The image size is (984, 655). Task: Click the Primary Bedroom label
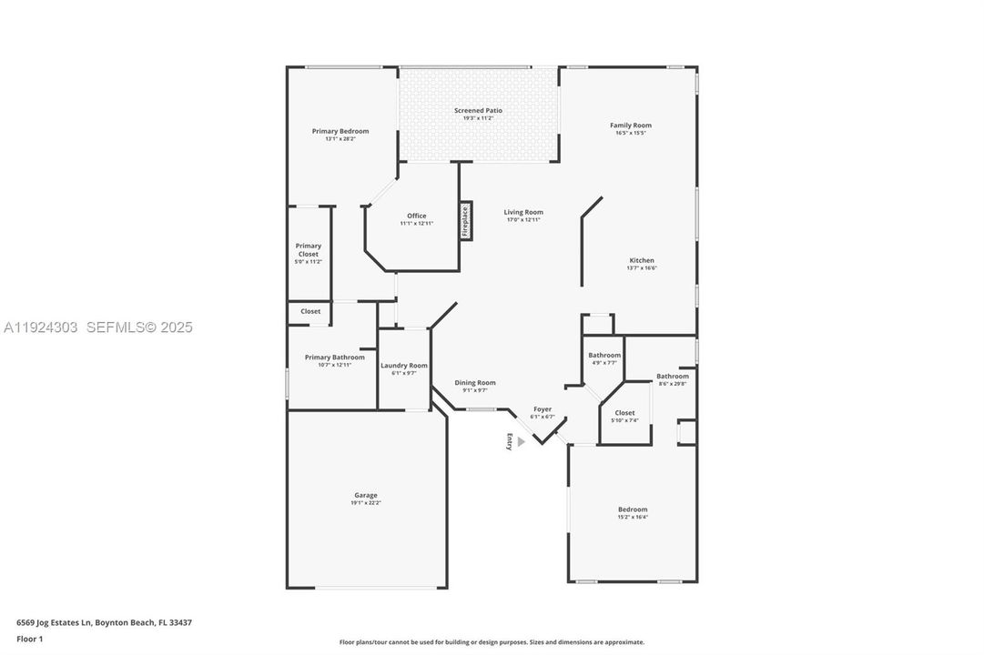pyautogui.click(x=340, y=131)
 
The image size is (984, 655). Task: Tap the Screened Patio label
pyautogui.click(x=478, y=110)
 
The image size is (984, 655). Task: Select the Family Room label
pyautogui.click(x=630, y=126)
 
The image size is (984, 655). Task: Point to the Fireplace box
pyautogui.click(x=465, y=220)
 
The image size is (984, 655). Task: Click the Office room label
pyautogui.click(x=416, y=216)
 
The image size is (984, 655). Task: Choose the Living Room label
pyautogui.click(x=523, y=212)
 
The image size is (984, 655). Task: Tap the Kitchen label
pyautogui.click(x=641, y=260)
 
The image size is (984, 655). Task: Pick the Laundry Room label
pyautogui.click(x=403, y=365)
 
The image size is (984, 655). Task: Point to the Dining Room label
pyautogui.click(x=475, y=383)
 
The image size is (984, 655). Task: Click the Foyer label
pyautogui.click(x=542, y=409)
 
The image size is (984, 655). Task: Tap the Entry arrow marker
pyautogui.click(x=521, y=441)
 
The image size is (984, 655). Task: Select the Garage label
pyautogui.click(x=365, y=495)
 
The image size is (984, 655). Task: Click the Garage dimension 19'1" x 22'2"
pyautogui.click(x=365, y=503)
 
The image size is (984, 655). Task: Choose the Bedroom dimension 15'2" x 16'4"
pyautogui.click(x=633, y=517)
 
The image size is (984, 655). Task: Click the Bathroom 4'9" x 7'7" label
pyautogui.click(x=604, y=355)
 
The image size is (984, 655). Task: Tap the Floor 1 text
pyautogui.click(x=29, y=639)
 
